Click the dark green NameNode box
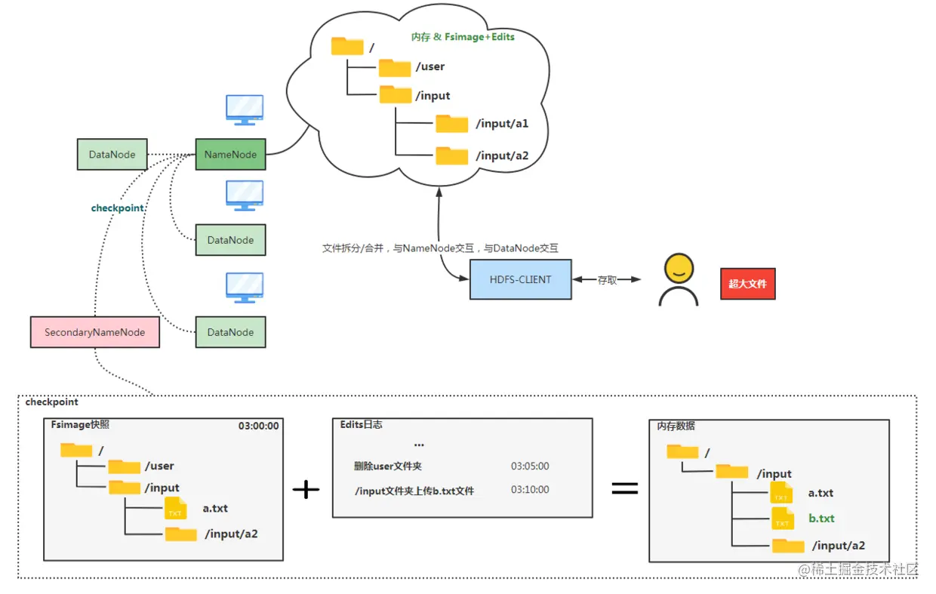[x=230, y=155]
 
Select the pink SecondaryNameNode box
[x=94, y=332]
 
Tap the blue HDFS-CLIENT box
[x=520, y=279]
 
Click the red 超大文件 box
[x=747, y=285]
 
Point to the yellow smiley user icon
[x=678, y=279]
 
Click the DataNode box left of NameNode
[x=112, y=155]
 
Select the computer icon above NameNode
[x=245, y=110]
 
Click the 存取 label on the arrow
[x=607, y=280]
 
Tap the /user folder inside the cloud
[x=395, y=67]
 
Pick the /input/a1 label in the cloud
[x=502, y=125]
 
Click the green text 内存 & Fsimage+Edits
[x=463, y=36]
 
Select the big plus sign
[x=306, y=490]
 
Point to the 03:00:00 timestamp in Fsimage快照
[x=258, y=426]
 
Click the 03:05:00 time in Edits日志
[x=530, y=466]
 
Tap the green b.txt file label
[x=821, y=519]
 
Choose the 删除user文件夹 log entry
[x=388, y=466]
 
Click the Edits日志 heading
[x=361, y=425]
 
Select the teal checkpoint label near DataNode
[x=117, y=208]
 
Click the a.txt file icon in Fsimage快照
[x=175, y=508]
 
